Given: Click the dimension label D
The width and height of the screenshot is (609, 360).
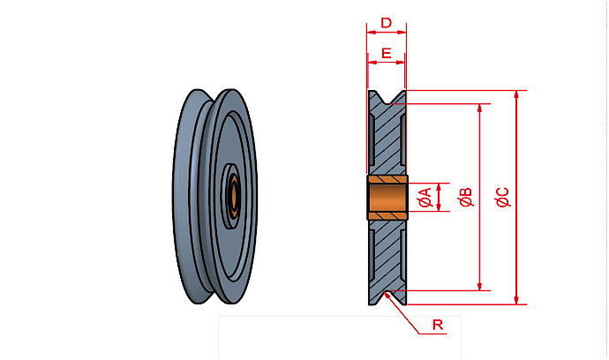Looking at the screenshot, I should click(x=386, y=21).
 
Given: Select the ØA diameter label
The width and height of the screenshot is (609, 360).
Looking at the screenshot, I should click(x=424, y=199).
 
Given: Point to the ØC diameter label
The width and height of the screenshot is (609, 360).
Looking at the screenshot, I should click(x=502, y=199).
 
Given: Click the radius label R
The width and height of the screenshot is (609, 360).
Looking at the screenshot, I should click(x=437, y=326).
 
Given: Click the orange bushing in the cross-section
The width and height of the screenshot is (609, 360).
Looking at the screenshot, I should click(x=387, y=198).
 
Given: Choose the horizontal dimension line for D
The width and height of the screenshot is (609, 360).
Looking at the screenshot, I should click(x=387, y=32).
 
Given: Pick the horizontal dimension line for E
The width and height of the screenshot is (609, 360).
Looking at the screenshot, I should click(x=387, y=64).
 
